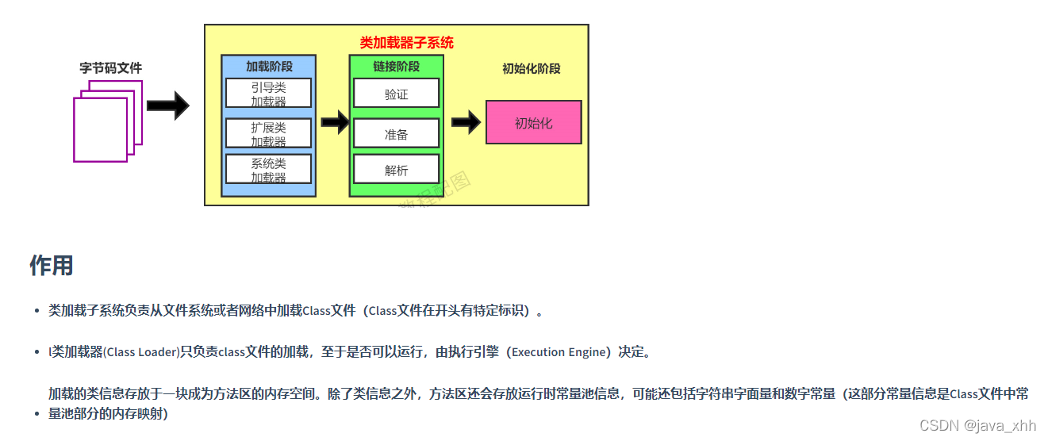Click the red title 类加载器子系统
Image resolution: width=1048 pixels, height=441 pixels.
(x=406, y=43)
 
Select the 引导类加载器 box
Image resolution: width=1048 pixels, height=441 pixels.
(x=268, y=94)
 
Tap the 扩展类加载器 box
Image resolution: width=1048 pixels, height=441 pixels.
(x=268, y=133)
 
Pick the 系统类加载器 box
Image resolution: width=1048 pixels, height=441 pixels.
(x=268, y=170)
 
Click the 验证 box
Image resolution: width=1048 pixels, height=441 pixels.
(x=396, y=94)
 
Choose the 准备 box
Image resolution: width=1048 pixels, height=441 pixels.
(x=396, y=134)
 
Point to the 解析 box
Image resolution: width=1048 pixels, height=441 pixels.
(x=396, y=170)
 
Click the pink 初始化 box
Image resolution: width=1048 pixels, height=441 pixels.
(x=533, y=123)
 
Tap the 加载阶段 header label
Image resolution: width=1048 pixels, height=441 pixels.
(x=268, y=67)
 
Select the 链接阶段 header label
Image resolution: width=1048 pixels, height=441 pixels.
(x=396, y=67)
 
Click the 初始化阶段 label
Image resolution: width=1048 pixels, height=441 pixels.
(x=531, y=68)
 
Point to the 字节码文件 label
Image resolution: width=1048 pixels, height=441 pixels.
(x=111, y=68)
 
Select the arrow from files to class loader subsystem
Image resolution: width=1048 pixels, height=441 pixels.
(x=167, y=105)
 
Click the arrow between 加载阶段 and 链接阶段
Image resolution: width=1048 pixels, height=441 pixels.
(x=335, y=122)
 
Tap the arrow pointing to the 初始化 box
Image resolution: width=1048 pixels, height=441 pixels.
(x=466, y=122)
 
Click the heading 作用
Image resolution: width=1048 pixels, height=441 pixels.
(x=52, y=266)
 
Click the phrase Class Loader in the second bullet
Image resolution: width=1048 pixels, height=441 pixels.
(x=141, y=352)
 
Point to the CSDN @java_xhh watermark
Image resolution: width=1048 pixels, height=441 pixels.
(x=977, y=425)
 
